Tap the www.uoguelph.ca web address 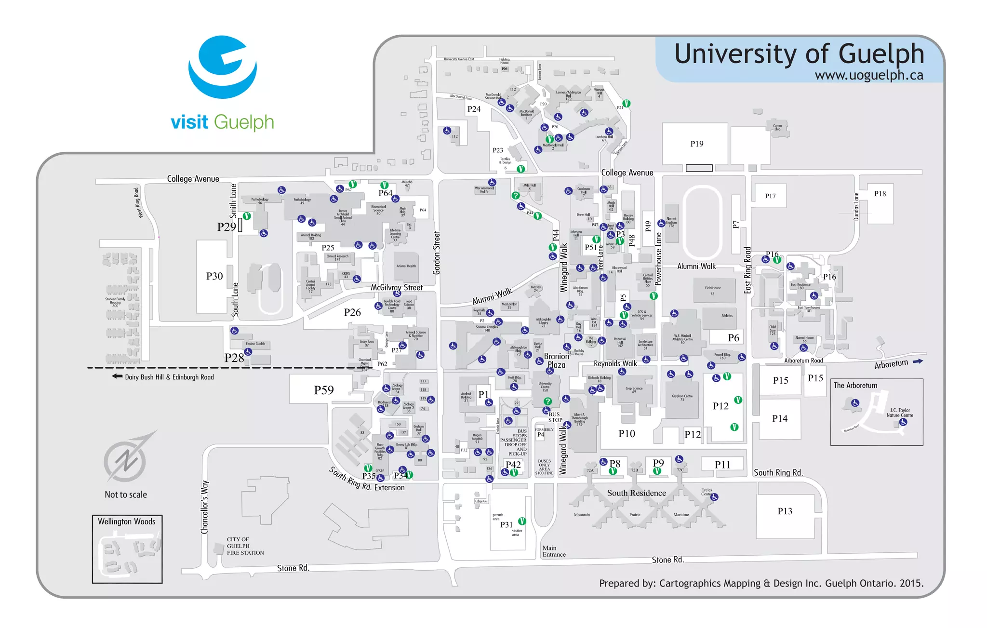pyautogui.click(x=868, y=76)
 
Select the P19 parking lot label pyautogui.click(x=696, y=144)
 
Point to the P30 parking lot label pyautogui.click(x=214, y=276)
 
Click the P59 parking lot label pyautogui.click(x=324, y=390)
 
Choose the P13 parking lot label pyautogui.click(x=785, y=511)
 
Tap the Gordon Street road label pyautogui.click(x=437, y=253)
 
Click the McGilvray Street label pyautogui.click(x=397, y=288)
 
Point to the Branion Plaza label pyautogui.click(x=556, y=361)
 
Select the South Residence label pyautogui.click(x=636, y=493)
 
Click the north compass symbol pyautogui.click(x=126, y=458)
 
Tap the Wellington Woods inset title pyautogui.click(x=127, y=521)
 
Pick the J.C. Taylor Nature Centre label pyautogui.click(x=900, y=413)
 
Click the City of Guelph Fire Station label pyautogui.click(x=245, y=546)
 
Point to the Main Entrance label pyautogui.click(x=554, y=551)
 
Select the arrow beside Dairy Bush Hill pyautogui.click(x=117, y=376)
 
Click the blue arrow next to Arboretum pyautogui.click(x=918, y=361)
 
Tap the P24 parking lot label pyautogui.click(x=474, y=109)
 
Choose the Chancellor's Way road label pyautogui.click(x=204, y=507)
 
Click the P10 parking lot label pyautogui.click(x=627, y=434)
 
